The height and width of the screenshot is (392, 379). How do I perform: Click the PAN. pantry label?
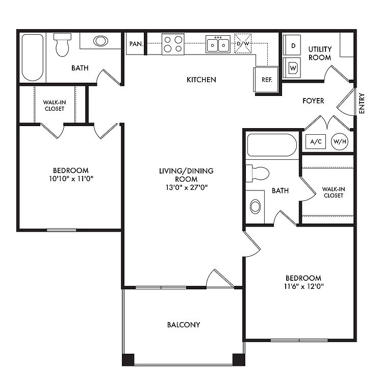[x=136, y=44]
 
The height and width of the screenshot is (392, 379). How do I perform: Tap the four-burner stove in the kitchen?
[x=173, y=44]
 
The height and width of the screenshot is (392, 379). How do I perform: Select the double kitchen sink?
[x=218, y=44]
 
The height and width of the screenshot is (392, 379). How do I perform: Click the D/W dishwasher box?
[x=243, y=43]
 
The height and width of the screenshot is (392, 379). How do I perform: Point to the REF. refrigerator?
[x=266, y=80]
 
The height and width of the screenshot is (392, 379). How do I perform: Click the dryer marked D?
[x=292, y=45]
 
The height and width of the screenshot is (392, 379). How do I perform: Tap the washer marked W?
[x=292, y=68]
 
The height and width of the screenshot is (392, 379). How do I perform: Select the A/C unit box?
[x=316, y=142]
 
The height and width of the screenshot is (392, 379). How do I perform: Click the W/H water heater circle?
[x=340, y=142]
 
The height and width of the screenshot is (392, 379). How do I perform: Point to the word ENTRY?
[x=362, y=104]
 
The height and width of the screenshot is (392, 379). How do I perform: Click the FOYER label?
[x=313, y=101]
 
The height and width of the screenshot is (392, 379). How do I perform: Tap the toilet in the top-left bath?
[x=62, y=45]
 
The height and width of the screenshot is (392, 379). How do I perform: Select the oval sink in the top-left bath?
[x=100, y=41]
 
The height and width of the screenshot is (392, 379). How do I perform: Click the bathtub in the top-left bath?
[x=33, y=58]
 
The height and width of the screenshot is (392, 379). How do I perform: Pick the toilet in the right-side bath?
[x=257, y=173]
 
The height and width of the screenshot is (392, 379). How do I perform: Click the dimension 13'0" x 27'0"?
[x=187, y=187]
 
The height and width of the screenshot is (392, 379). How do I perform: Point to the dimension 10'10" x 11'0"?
[x=71, y=179]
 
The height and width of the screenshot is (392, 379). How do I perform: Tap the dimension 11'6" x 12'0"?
[x=304, y=286]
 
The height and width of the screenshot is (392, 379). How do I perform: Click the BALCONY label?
[x=184, y=325]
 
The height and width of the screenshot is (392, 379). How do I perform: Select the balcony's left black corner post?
[x=128, y=360]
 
